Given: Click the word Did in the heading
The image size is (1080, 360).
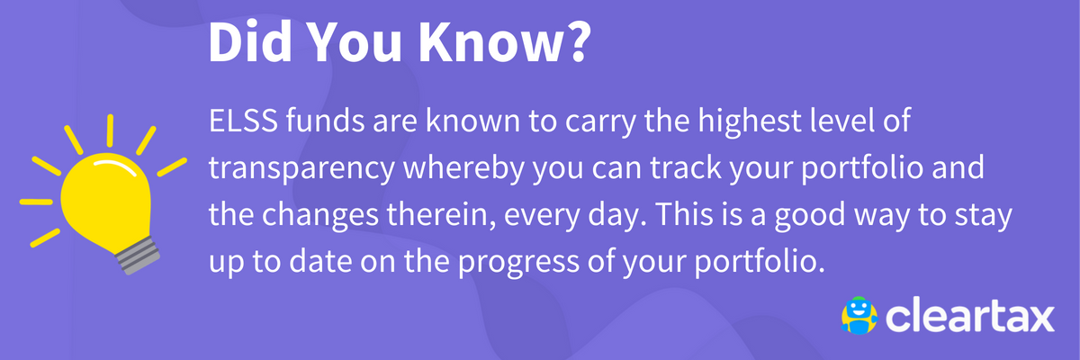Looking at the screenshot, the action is click(x=250, y=41).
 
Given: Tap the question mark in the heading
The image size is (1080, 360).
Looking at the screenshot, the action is click(x=575, y=41).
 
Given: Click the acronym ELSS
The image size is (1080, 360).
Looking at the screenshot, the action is click(x=243, y=121).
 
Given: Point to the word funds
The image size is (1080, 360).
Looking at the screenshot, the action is click(x=325, y=121).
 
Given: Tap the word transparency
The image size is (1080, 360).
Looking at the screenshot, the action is click(x=301, y=169).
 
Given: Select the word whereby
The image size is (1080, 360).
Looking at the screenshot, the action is click(x=463, y=168).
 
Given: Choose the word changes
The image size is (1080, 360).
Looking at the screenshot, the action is click(x=320, y=215).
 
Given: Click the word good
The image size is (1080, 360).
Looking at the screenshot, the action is click(x=810, y=215).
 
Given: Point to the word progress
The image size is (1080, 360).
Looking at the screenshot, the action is click(x=518, y=263).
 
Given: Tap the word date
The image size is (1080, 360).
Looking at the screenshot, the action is click(x=320, y=261).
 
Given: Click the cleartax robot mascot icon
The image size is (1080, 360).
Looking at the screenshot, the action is click(x=859, y=316).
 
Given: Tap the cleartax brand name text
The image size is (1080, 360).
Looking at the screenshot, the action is click(x=970, y=317).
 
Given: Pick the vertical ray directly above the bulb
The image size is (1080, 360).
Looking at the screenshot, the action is click(x=110, y=130).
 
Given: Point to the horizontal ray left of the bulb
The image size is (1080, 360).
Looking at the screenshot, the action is click(x=36, y=202).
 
